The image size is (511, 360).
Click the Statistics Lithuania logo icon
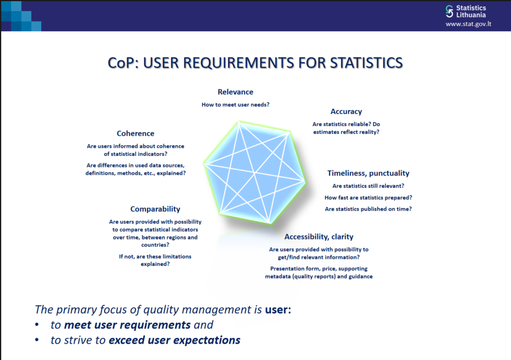449,11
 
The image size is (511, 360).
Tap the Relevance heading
235,92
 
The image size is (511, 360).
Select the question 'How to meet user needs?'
235,105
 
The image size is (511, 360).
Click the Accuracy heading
346,112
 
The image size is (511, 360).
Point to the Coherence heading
135,134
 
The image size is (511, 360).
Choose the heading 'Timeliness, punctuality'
368,173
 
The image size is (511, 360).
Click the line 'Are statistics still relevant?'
368,186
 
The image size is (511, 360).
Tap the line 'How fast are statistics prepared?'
368,198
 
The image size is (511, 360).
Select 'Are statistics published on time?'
368,209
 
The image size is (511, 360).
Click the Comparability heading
155,209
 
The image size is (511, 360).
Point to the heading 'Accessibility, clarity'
319,237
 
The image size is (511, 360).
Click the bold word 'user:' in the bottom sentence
278,309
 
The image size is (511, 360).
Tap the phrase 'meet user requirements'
127,325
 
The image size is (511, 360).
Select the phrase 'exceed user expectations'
174,340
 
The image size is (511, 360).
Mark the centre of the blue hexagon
255,173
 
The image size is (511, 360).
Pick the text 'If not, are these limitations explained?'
155,260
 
